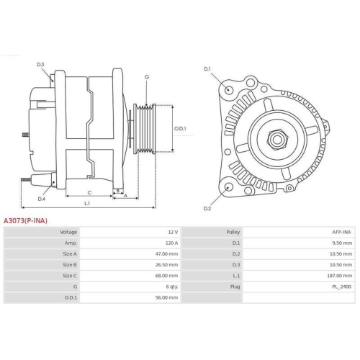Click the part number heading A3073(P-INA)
(26, 220)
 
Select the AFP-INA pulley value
(341, 233)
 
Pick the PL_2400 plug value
(342, 287)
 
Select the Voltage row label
(68, 233)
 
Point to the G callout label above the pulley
(147, 76)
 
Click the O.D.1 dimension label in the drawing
(181, 129)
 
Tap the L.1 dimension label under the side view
(87, 204)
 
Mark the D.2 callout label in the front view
(207, 208)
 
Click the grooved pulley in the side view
(147, 129)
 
